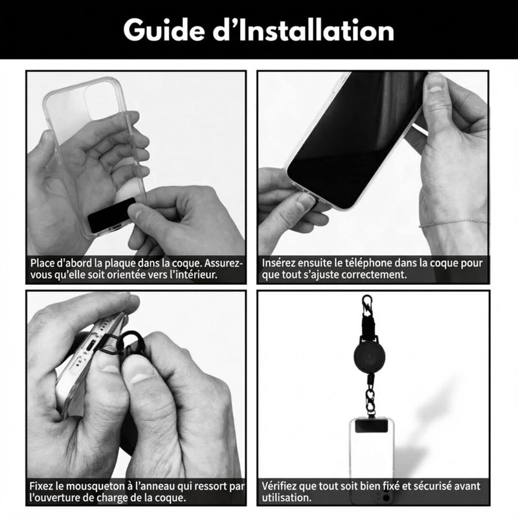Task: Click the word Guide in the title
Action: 164,30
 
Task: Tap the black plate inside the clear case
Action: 112,215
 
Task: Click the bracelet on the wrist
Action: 453,222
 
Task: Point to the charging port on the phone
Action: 91,346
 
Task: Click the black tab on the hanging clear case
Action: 371,426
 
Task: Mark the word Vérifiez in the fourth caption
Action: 280,486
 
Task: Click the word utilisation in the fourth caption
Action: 286,497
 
